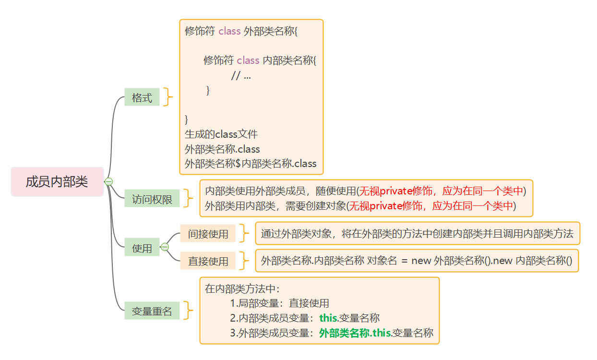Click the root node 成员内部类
pyautogui.click(x=57, y=182)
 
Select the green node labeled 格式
pyautogui.click(x=142, y=98)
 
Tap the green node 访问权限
pyautogui.click(x=152, y=199)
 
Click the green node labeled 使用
pyautogui.click(x=142, y=248)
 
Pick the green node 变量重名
pyautogui.click(x=152, y=311)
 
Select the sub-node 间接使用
pyautogui.click(x=208, y=234)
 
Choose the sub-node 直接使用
pyautogui.click(x=208, y=261)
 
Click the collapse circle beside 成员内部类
pyautogui.click(x=108, y=182)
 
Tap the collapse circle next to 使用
pyautogui.click(x=165, y=247)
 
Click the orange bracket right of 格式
pyautogui.click(x=167, y=97)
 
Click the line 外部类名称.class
pyautogui.click(x=222, y=149)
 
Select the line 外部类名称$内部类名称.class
pyautogui.click(x=251, y=163)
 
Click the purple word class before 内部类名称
pyautogui.click(x=248, y=60)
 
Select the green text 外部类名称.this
pyautogui.click(x=355, y=333)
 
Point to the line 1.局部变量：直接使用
pyautogui.click(x=279, y=303)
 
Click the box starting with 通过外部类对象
pyautogui.click(x=417, y=234)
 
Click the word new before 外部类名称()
pyautogui.click(x=421, y=261)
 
